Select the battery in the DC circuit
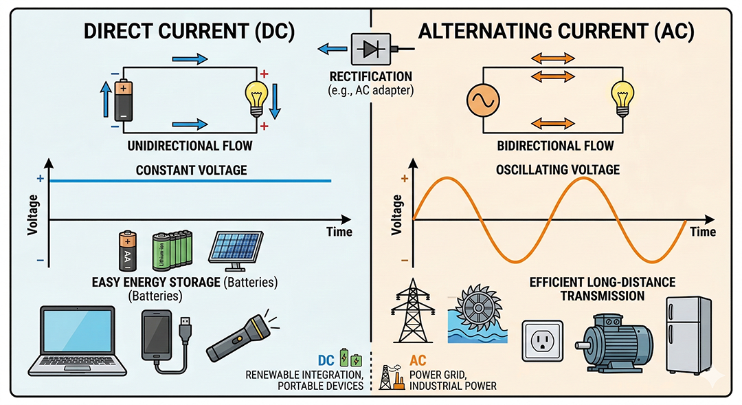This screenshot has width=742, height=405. click(x=123, y=100)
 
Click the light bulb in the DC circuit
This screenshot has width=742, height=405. click(x=258, y=98)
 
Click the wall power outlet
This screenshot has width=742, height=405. click(x=543, y=340)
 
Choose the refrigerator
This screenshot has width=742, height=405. click(x=688, y=334)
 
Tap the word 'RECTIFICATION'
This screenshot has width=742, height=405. click(x=370, y=76)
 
